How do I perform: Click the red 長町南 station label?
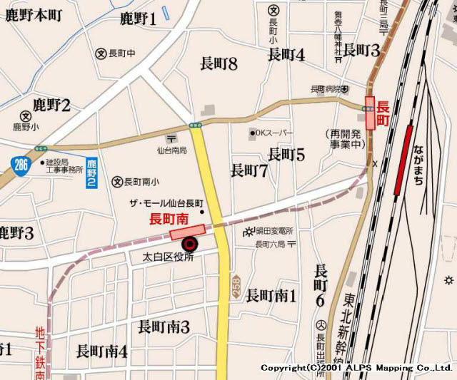tap(169, 218)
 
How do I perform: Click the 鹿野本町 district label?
tap(34, 14)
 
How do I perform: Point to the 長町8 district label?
tap(219, 64)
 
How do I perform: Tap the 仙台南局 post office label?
tap(171, 150)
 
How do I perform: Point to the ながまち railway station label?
tap(418, 165)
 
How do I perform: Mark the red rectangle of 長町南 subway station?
tap(187, 232)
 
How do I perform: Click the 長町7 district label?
tap(249, 170)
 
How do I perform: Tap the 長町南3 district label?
tap(164, 327)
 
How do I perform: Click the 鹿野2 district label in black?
tap(46, 106)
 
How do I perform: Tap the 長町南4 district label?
tap(101, 351)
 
